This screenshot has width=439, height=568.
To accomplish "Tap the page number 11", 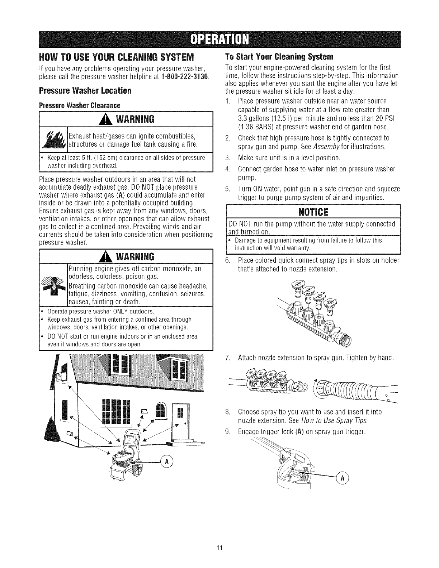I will pyautogui.click(x=220, y=548).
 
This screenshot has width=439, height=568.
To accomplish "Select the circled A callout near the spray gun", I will pyautogui.click(x=342, y=478).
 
